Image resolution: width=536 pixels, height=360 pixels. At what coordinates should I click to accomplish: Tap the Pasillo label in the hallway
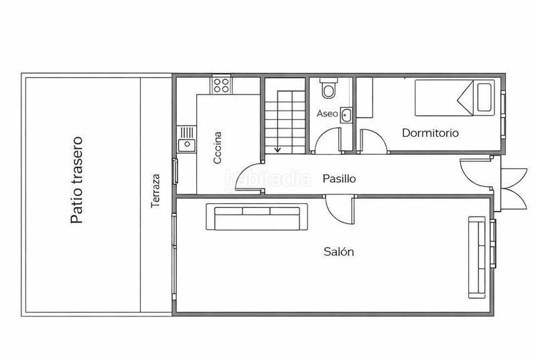coord(339,178)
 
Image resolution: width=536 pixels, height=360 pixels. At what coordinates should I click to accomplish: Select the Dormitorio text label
coord(430,133)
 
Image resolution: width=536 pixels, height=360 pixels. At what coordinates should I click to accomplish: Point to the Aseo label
coord(327,113)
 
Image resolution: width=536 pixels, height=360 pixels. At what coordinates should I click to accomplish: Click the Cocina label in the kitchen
coord(218,147)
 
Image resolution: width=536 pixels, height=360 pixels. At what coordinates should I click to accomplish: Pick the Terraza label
coord(155,191)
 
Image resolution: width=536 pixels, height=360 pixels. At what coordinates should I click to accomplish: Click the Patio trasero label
coord(77,180)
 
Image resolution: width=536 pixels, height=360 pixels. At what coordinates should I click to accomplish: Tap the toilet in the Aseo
coord(329,88)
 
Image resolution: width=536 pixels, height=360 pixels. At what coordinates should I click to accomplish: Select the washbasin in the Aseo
coord(346,115)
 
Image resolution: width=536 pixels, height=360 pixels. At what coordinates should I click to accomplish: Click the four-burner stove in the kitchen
coord(221,84)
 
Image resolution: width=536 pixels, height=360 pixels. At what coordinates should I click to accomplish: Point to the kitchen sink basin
coord(187,145)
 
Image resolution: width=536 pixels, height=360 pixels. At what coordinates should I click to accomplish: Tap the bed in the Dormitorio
coord(455,98)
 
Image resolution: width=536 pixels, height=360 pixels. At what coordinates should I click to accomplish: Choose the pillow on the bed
coord(484,97)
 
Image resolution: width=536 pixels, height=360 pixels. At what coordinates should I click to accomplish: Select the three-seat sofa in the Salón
coord(257,217)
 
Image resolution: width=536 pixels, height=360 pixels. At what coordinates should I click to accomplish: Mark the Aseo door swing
coord(328,140)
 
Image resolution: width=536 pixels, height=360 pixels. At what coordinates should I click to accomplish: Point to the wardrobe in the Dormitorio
coord(364,98)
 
